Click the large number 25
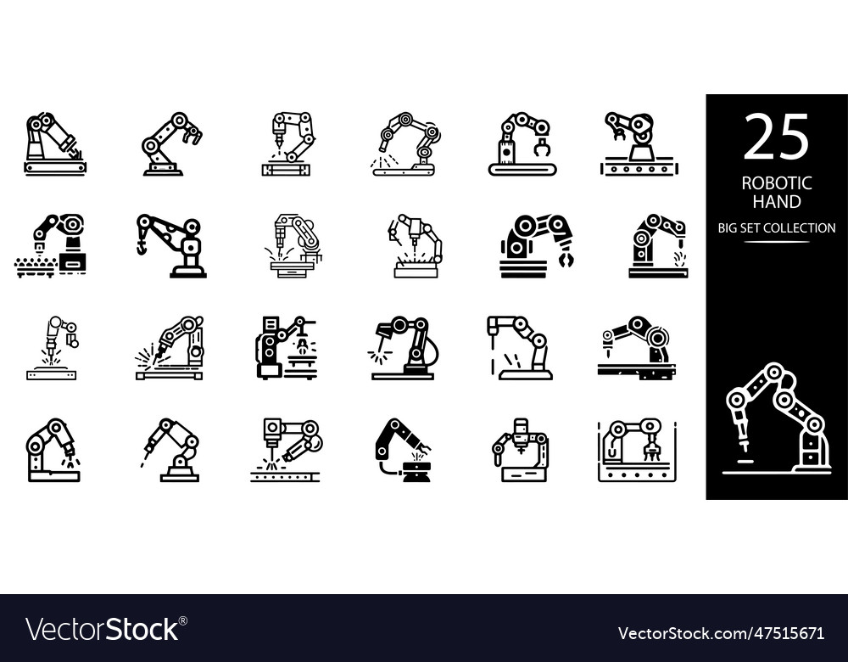tap(776, 138)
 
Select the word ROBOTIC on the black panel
tap(776, 183)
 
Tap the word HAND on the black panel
tap(776, 202)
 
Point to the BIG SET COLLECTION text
tap(777, 227)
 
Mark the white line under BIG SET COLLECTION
tap(777, 242)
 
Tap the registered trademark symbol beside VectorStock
tap(182, 621)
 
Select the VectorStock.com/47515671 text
tap(720, 633)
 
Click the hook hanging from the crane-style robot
tap(141, 246)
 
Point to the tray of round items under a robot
tap(35, 268)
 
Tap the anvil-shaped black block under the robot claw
tap(416, 471)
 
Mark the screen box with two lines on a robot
tap(271, 323)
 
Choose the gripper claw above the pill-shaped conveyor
tap(540, 148)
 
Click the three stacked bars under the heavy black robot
tap(522, 270)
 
